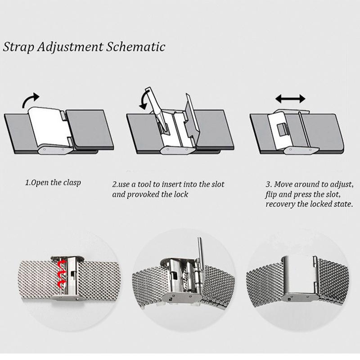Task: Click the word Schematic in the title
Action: point(136,47)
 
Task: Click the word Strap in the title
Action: point(18,47)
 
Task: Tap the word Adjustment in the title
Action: point(70,47)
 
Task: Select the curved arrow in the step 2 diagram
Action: point(143,99)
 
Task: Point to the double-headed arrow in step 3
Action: point(290,99)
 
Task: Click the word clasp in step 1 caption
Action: point(72,183)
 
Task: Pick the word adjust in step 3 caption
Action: point(342,184)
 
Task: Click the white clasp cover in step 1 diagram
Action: point(49,127)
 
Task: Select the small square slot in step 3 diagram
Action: point(282,130)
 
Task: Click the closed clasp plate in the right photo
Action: point(298,275)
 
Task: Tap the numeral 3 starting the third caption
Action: point(268,184)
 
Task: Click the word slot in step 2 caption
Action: point(218,184)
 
